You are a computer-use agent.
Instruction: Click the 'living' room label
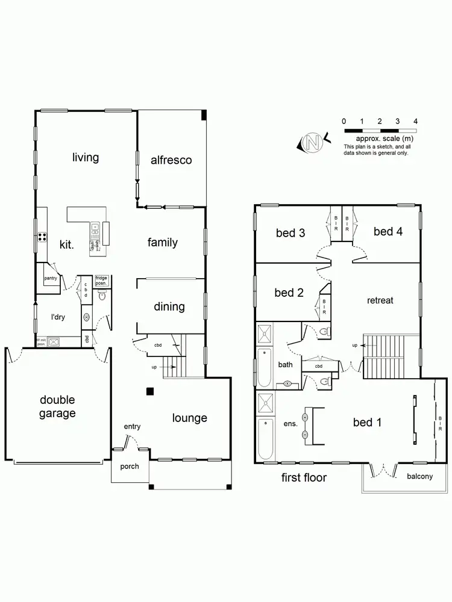pos(85,158)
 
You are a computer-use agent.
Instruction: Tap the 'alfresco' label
pos(171,160)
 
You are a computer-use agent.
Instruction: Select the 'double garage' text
pos(58,406)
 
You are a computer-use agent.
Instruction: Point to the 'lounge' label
pos(189,418)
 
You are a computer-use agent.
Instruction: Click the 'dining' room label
pos(169,306)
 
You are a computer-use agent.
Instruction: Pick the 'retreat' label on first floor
pos(379,300)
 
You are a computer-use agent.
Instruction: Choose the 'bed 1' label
pos(367,422)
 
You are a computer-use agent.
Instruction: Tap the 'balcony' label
pos(419,476)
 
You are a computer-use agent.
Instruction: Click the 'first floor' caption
pos(304,478)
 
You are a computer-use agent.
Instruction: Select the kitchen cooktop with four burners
pos(42,237)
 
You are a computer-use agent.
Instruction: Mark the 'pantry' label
pos(51,278)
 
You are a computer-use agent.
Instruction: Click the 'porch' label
pos(129,466)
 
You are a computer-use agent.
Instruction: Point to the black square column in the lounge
pos(149,392)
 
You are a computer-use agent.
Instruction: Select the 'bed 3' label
pos(290,233)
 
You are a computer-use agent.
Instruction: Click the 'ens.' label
pos(290,424)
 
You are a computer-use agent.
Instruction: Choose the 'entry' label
pos(132,427)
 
